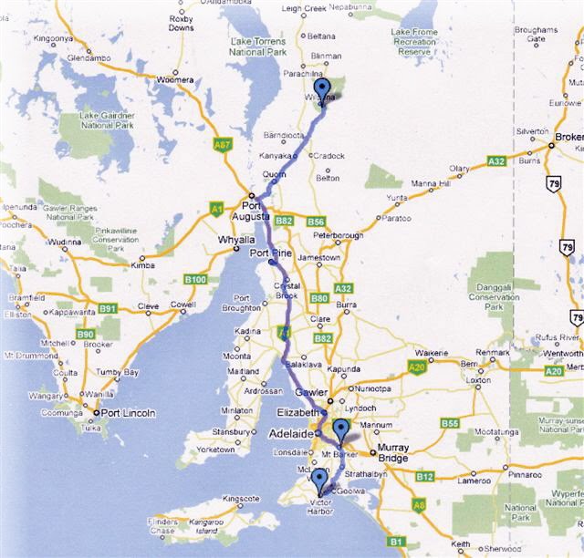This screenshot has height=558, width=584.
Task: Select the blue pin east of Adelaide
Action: point(341,429)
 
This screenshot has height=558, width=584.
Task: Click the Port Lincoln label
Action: point(128,413)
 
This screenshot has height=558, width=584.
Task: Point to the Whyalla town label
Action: point(235,240)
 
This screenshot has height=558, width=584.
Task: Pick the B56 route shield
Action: point(317,222)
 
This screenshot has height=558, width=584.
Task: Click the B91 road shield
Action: point(108,308)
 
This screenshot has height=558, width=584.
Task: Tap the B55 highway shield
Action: point(449,423)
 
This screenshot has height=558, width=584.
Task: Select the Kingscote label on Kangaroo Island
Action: point(242,499)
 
